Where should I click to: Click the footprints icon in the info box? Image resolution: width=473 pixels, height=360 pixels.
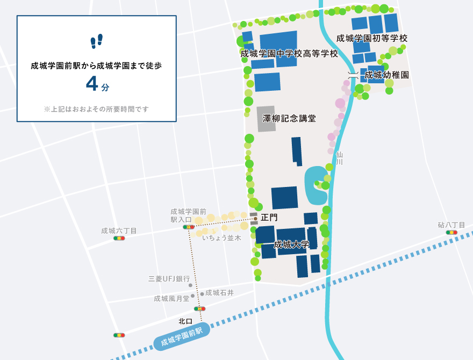click(x=97, y=41)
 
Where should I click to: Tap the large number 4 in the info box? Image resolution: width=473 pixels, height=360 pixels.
click(x=92, y=83)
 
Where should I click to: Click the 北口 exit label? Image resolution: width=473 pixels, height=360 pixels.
click(x=185, y=321)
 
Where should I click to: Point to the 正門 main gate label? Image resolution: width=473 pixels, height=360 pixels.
click(x=269, y=218)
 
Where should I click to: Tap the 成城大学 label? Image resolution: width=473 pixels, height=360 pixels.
click(x=291, y=244)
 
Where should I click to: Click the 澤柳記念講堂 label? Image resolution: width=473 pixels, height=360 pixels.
click(x=289, y=118)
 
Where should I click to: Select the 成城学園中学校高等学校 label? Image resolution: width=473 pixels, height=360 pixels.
click(x=289, y=54)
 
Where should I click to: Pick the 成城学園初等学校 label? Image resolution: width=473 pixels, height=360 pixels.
click(x=372, y=38)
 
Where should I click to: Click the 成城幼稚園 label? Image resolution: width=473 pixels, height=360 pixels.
click(x=387, y=75)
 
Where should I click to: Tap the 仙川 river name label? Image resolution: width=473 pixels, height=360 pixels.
click(x=339, y=158)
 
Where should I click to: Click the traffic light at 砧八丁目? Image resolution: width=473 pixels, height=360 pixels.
click(x=451, y=233)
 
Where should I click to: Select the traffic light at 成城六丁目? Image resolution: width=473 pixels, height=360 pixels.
click(x=119, y=238)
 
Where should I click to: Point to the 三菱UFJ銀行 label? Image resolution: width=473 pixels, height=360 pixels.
click(x=169, y=279)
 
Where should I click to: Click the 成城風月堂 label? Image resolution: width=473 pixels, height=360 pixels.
click(x=171, y=298)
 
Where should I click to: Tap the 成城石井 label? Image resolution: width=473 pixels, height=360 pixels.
click(x=219, y=293)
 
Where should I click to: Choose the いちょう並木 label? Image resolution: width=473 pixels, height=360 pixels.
click(x=221, y=237)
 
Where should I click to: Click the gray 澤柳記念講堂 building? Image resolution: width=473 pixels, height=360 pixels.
click(x=266, y=118)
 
